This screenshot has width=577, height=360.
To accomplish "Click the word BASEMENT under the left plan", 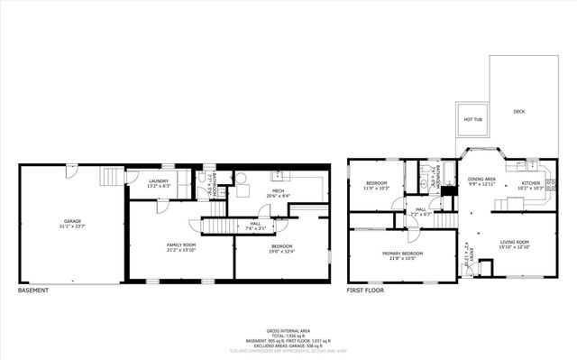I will click(33, 291).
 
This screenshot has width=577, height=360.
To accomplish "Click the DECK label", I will click(519, 111).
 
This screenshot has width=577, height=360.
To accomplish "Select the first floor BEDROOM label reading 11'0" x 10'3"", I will click(375, 185).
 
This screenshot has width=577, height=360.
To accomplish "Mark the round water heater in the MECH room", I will click(241, 178).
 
